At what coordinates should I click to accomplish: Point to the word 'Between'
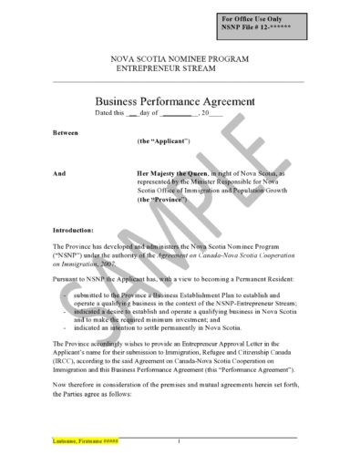click(x=66, y=133)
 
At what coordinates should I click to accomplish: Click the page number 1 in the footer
click(x=180, y=441)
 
